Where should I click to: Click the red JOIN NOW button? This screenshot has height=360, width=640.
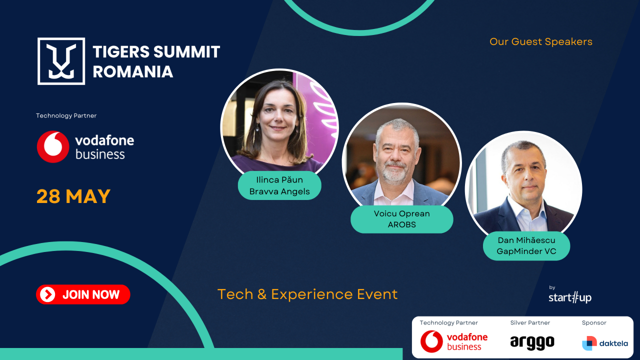(83, 294)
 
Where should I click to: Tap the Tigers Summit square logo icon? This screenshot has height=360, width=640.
(61, 61)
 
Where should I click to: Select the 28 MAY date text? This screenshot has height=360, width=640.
(73, 196)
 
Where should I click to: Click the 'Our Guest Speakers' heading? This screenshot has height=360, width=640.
(540, 41)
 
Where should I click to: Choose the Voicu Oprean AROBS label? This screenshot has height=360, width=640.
(401, 219)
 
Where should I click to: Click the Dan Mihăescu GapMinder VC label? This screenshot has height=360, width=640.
(526, 246)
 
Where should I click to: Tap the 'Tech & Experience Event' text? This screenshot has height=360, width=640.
(307, 294)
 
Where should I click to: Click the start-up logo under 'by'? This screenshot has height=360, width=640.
(569, 298)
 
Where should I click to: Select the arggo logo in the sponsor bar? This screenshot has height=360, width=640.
(532, 342)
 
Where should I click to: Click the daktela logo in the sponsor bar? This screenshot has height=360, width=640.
(604, 343)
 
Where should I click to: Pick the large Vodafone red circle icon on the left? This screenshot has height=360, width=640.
(53, 147)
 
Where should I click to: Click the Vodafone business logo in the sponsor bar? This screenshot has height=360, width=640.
(453, 341)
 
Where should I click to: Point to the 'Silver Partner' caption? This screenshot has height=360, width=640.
(530, 323)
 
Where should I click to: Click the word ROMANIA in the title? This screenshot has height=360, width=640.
(132, 71)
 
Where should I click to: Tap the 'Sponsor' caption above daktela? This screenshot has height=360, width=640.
(594, 323)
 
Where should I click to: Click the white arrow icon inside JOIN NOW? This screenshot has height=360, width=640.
(47, 294)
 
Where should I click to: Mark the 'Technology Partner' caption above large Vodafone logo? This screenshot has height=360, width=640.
(66, 115)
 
